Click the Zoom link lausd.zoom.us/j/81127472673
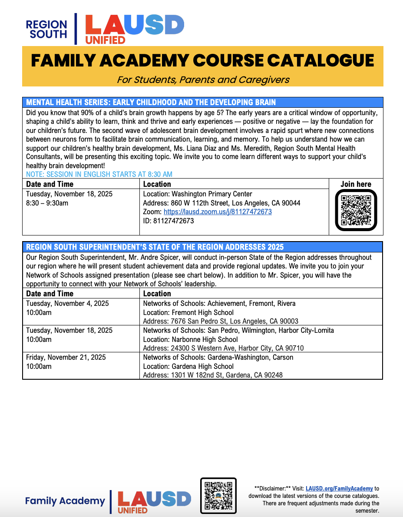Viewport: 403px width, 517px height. (218, 212)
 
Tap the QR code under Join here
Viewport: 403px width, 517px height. (356, 211)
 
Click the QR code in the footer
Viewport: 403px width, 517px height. (218, 496)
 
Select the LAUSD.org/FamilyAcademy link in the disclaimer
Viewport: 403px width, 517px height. (339, 488)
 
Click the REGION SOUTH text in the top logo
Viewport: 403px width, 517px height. (46, 29)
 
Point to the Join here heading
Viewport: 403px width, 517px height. (356, 184)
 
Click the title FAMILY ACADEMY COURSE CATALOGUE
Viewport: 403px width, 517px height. (202, 60)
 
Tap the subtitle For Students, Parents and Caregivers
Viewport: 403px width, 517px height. (203, 80)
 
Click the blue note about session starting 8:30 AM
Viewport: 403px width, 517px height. (99, 174)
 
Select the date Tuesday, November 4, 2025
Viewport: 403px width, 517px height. (67, 303)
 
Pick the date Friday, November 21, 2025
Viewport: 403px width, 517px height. (66, 357)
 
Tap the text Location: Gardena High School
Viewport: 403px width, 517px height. (188, 366)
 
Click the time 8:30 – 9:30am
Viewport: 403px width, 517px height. (47, 203)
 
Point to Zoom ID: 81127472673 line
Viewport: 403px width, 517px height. (168, 221)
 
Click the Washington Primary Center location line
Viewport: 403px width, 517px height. (198, 194)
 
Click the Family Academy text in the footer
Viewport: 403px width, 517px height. (65, 501)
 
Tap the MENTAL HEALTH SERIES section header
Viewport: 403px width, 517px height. (151, 103)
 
